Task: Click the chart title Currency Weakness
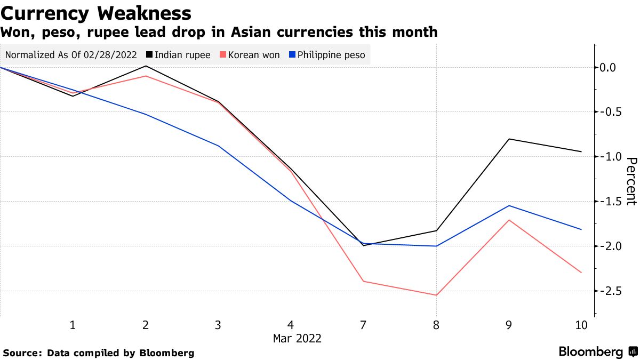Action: pos(97,13)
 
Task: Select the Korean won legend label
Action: pos(253,55)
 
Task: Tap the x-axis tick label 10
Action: pos(581,325)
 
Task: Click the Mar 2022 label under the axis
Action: pos(297,339)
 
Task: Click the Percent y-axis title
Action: pos(631,181)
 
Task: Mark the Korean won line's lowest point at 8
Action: pos(436,295)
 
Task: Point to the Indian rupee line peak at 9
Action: pos(509,139)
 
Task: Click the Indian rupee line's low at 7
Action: pos(364,245)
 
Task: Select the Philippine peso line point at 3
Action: pos(218,146)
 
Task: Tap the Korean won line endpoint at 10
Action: pos(581,273)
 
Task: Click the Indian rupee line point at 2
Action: pos(146,66)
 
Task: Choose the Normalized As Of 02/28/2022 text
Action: pos(71,55)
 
